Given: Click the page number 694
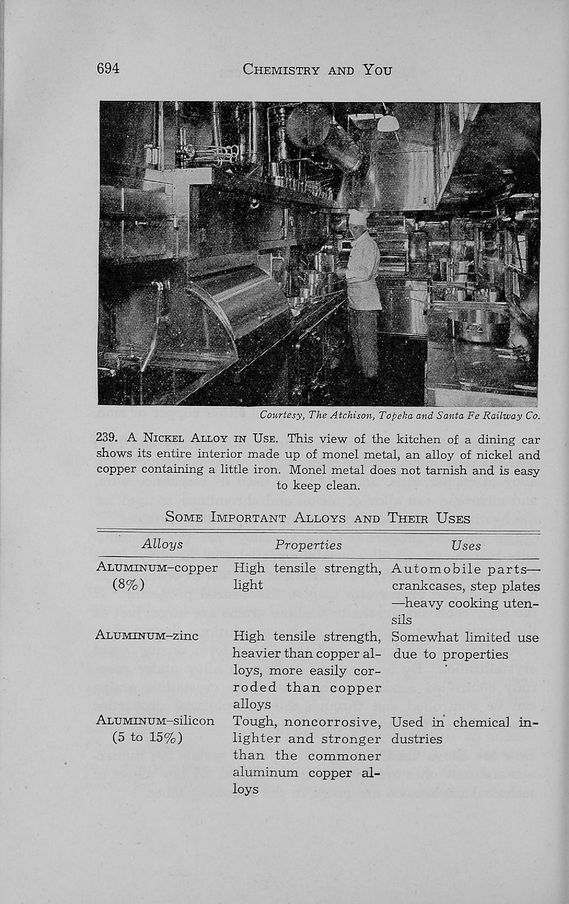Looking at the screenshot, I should point(108,69).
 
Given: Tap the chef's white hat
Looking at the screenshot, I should point(358,215).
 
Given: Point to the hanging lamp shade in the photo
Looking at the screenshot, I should point(388,123).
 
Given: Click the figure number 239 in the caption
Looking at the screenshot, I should point(106,439).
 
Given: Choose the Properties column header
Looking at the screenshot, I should point(308,545).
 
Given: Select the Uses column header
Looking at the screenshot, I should point(466,545).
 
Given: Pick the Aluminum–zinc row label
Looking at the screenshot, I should point(147,635).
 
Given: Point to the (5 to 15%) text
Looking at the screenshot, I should point(148,738).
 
